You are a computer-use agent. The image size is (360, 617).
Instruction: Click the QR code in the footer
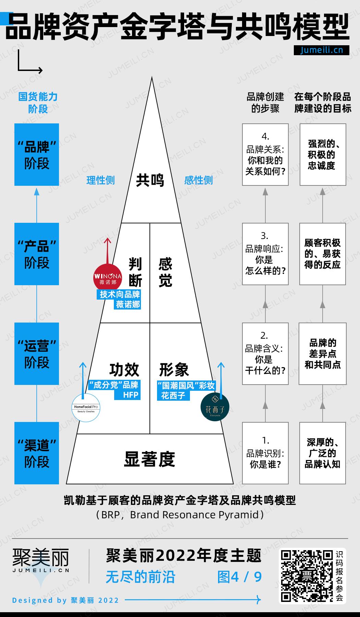[307, 576]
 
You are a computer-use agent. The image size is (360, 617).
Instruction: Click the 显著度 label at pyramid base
[149, 460]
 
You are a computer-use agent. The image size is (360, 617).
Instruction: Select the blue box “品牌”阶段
[37, 155]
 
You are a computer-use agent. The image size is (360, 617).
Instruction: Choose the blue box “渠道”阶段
[37, 453]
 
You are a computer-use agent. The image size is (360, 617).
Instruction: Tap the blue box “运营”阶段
[37, 353]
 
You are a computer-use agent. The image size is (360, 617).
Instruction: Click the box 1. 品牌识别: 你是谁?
[265, 453]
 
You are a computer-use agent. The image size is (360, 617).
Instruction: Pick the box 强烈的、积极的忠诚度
[323, 155]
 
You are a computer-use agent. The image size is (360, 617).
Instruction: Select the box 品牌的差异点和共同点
[323, 353]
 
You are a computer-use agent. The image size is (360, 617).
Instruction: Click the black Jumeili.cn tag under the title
[322, 50]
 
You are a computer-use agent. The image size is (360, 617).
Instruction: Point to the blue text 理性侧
[100, 180]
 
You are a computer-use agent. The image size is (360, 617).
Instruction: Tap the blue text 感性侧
[199, 180]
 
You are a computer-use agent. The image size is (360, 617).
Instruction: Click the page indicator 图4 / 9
[240, 577]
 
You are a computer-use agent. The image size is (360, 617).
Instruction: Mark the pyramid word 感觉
[165, 273]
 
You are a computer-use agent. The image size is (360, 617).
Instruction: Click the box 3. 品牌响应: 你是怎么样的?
[265, 254]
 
